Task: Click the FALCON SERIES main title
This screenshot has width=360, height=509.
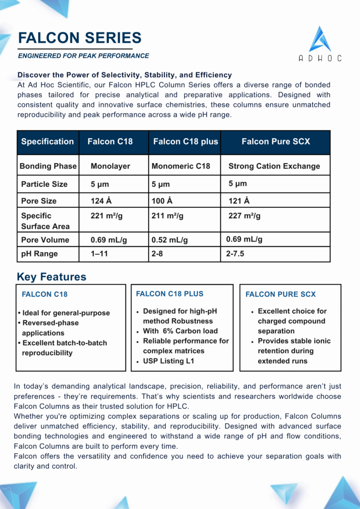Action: [80, 38]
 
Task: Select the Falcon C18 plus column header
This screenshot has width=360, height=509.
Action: [185, 142]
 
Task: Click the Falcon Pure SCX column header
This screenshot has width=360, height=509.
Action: [275, 142]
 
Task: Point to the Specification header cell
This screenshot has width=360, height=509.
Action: [47, 142]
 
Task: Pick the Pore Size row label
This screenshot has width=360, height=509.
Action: [39, 201]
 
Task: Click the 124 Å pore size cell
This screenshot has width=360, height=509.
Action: [98, 201]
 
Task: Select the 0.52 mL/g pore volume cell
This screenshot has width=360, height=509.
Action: [170, 240]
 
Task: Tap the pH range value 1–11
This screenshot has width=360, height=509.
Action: [99, 254]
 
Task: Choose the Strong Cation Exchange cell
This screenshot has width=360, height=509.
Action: [274, 166]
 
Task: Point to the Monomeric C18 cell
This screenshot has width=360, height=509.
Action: [180, 166]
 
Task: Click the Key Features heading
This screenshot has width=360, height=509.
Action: [51, 277]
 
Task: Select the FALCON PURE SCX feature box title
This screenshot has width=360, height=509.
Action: [280, 294]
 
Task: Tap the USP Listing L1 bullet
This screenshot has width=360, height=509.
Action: [169, 361]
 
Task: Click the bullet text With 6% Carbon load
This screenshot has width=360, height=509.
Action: [180, 331]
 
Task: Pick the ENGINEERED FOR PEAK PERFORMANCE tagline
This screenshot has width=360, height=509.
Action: [84, 56]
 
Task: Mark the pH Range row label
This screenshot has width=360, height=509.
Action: [39, 254]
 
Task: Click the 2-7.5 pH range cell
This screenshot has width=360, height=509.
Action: [235, 254]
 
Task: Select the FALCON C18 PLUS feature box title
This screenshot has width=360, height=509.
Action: [170, 294]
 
